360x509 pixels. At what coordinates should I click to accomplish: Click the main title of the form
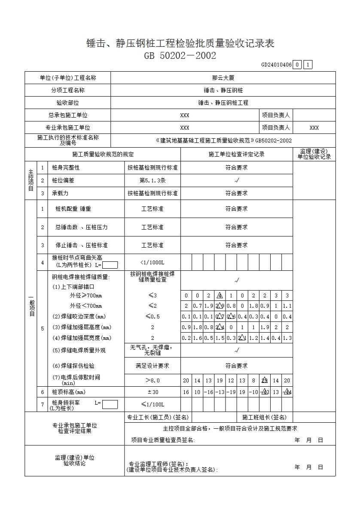(x=180, y=43)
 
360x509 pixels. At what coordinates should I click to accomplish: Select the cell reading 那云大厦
(x=223, y=78)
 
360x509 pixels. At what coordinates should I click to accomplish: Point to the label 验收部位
(x=68, y=103)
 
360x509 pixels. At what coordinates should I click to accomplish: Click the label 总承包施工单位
(x=68, y=115)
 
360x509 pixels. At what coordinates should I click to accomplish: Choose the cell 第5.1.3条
(x=152, y=181)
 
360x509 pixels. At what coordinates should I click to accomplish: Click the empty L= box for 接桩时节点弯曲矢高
(x=110, y=265)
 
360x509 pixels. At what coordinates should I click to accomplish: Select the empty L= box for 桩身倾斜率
(x=110, y=404)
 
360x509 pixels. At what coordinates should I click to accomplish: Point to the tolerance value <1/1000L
(x=152, y=262)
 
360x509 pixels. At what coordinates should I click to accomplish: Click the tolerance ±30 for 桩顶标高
(x=152, y=392)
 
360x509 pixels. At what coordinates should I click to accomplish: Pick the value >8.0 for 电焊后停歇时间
(x=152, y=380)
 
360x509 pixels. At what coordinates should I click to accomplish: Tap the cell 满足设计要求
(x=152, y=366)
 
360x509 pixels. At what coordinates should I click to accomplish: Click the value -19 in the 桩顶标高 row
(x=231, y=392)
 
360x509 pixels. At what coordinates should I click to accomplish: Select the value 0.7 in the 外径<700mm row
(x=197, y=306)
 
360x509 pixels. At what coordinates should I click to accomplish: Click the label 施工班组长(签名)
(x=264, y=417)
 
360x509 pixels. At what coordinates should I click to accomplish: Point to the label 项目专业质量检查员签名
(x=163, y=440)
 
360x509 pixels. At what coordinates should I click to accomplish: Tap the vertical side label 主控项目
(x=31, y=181)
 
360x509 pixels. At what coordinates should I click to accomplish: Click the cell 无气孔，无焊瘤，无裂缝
(x=152, y=350)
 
